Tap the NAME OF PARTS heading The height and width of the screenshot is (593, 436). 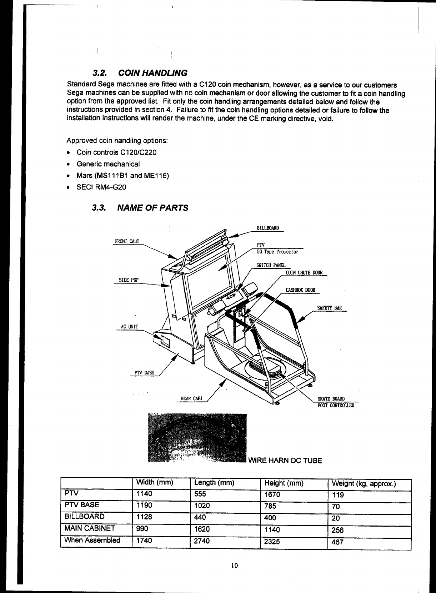coord(152,207)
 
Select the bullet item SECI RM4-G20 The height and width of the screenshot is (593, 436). coord(101,187)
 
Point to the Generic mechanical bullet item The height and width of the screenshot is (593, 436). coord(108,164)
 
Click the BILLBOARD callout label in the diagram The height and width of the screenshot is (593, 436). coord(268,228)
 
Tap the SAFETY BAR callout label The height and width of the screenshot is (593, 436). coord(329,308)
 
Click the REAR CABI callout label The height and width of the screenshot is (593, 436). coord(192,398)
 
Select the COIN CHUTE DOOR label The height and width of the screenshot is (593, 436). coord(304,273)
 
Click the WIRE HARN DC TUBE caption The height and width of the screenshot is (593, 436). coord(285,461)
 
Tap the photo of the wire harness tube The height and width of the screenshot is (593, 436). coord(197,437)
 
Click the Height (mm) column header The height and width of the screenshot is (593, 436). coord(284,483)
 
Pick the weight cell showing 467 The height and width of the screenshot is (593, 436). coord(338,542)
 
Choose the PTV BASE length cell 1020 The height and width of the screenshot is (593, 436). coord(202,506)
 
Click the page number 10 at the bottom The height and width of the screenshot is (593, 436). coord(234,565)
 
